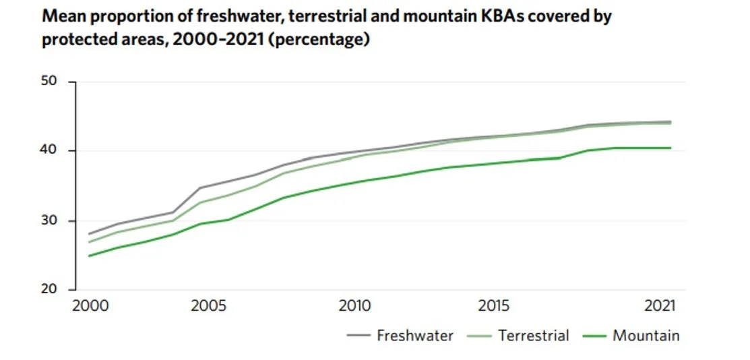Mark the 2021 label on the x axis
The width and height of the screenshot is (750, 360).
click(661, 306)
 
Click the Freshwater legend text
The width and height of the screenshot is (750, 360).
click(415, 335)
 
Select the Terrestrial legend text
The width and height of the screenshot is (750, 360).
click(534, 335)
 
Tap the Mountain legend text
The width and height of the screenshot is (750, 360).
click(646, 335)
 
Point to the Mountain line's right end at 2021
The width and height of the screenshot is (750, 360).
click(670, 148)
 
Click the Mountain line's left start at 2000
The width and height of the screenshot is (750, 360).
click(89, 256)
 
